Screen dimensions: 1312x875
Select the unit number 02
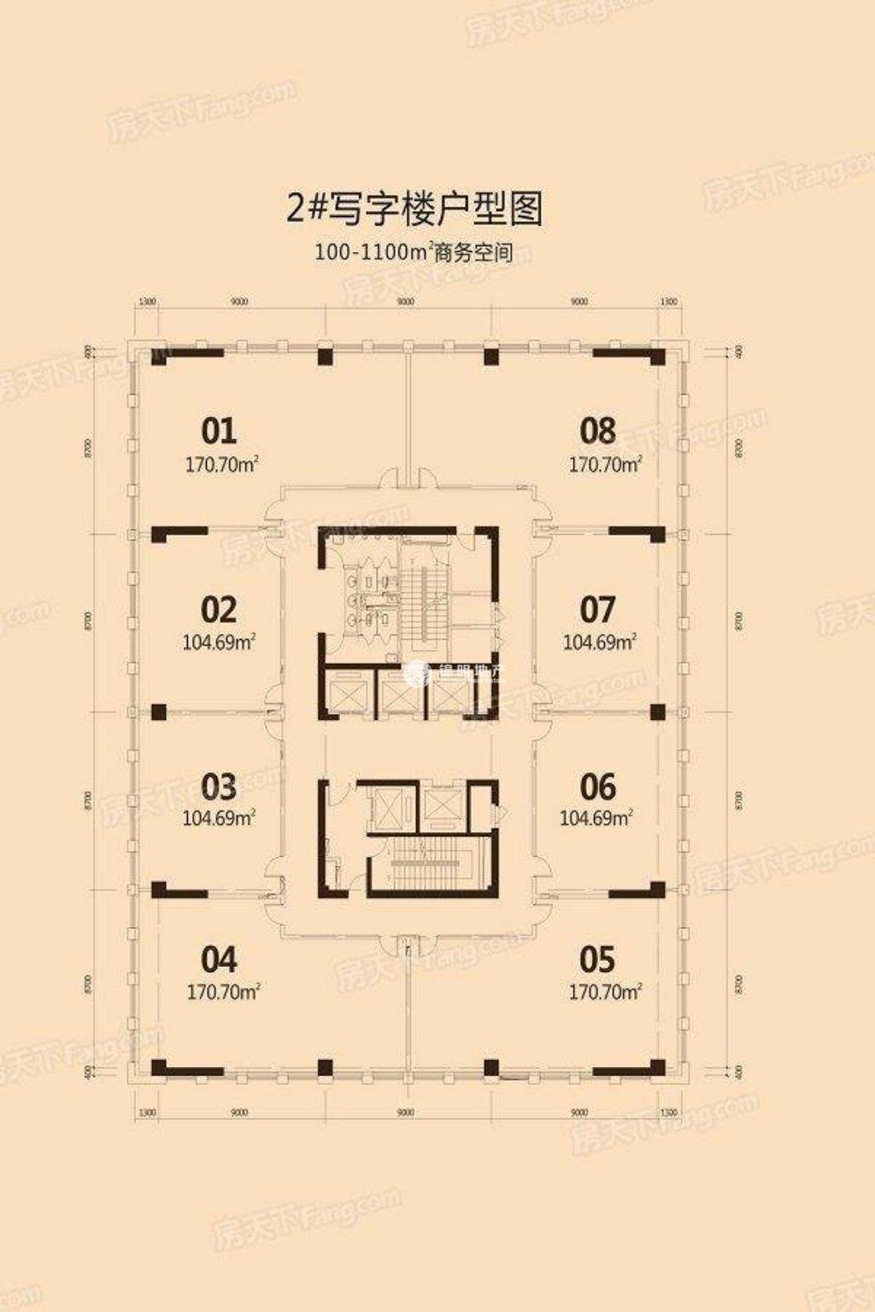coord(219,610)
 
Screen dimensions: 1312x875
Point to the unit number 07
coord(597,610)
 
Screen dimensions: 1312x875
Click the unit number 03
coord(219,786)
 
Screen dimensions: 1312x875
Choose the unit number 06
coord(597,786)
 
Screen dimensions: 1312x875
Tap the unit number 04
coord(219,960)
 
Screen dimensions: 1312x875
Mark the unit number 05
coord(597,960)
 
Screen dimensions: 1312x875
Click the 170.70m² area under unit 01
coord(222,466)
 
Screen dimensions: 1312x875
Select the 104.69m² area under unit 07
coord(600,642)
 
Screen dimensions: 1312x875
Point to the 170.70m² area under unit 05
coord(605,993)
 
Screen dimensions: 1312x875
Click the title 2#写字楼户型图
coord(415,208)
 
